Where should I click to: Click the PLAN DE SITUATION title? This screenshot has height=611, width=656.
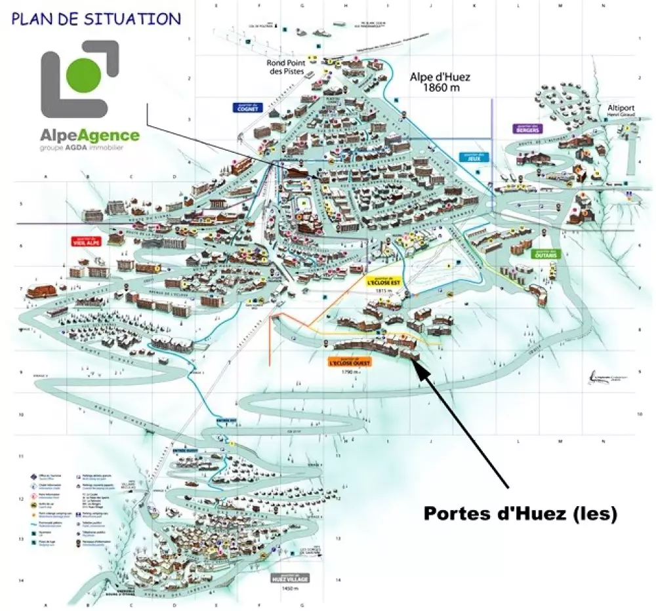tap(96, 18)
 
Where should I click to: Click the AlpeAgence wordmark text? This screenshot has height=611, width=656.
tap(90, 136)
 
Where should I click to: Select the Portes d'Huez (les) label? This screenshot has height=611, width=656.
tap(520, 513)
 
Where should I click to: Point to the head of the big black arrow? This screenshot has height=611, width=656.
tap(418, 363)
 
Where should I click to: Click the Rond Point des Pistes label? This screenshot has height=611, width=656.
tap(285, 68)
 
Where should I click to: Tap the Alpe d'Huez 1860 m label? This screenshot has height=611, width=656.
tap(440, 81)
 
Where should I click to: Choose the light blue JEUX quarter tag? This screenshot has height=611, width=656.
tap(470, 157)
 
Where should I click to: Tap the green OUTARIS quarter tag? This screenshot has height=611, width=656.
tap(546, 254)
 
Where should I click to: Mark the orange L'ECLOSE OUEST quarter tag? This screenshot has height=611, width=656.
tap(349, 361)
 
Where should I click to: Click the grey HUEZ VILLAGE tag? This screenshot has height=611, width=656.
tap(289, 579)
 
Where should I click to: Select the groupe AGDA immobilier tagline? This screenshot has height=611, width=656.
tap(81, 148)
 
